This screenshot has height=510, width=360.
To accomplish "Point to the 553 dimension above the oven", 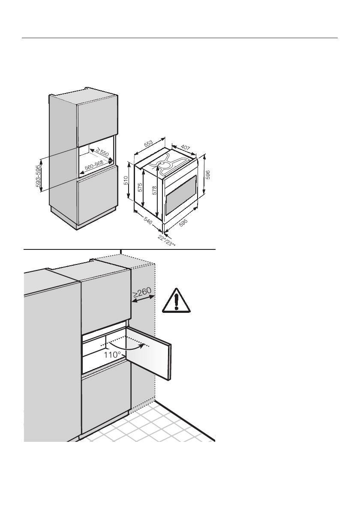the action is [x=148, y=144].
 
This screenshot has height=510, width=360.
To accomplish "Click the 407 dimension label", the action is [x=185, y=148].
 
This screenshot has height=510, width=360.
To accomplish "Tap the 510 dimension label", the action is [x=126, y=181].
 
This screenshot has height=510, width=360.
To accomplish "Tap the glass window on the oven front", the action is [x=180, y=195].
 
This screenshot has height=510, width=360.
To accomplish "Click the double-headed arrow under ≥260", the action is [x=142, y=302].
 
